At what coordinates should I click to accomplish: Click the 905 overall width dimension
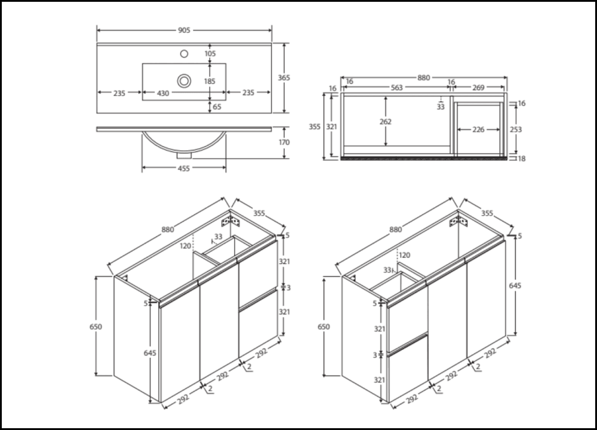[x=184, y=29]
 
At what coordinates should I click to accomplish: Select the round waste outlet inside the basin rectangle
[x=184, y=79]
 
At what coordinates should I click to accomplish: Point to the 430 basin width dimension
[x=162, y=93]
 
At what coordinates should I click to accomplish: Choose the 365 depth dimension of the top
[x=284, y=78]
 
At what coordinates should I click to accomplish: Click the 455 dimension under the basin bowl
[x=184, y=169]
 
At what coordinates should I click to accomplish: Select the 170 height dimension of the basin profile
[x=284, y=143]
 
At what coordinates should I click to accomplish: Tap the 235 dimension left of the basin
[x=119, y=93]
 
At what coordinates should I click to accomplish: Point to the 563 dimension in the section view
[x=397, y=87]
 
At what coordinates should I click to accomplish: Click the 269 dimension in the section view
[x=478, y=87]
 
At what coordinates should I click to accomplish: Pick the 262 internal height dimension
[x=385, y=122]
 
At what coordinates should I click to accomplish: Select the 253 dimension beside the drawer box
[x=516, y=129]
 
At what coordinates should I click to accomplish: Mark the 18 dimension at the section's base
[x=522, y=158]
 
